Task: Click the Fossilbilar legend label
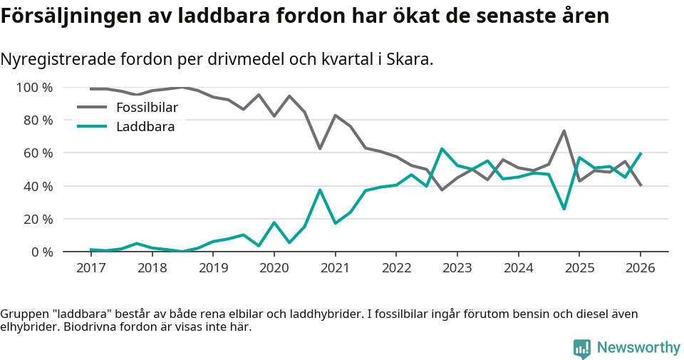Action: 146,108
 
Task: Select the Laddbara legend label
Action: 145,127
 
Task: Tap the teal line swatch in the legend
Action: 91,127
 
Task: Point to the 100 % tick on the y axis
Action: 34,88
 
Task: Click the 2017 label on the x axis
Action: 90,269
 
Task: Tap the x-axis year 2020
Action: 274,269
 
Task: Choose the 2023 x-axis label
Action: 457,269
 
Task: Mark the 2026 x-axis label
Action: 640,269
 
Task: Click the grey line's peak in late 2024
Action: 564,130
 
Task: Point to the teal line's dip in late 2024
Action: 564,209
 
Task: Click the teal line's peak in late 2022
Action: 442,149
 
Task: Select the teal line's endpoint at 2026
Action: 641,153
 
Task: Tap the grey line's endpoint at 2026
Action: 641,185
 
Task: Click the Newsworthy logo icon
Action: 581,348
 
